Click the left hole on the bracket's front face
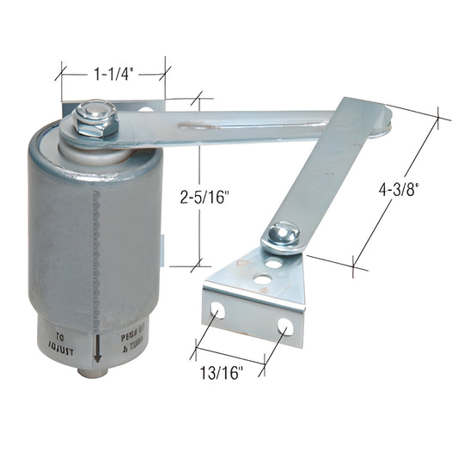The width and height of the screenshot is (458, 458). pyautogui.click(x=219, y=310)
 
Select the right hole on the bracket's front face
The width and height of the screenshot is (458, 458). pyautogui.click(x=284, y=327)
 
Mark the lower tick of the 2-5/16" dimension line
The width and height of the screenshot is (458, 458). pyautogui.click(x=199, y=266)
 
